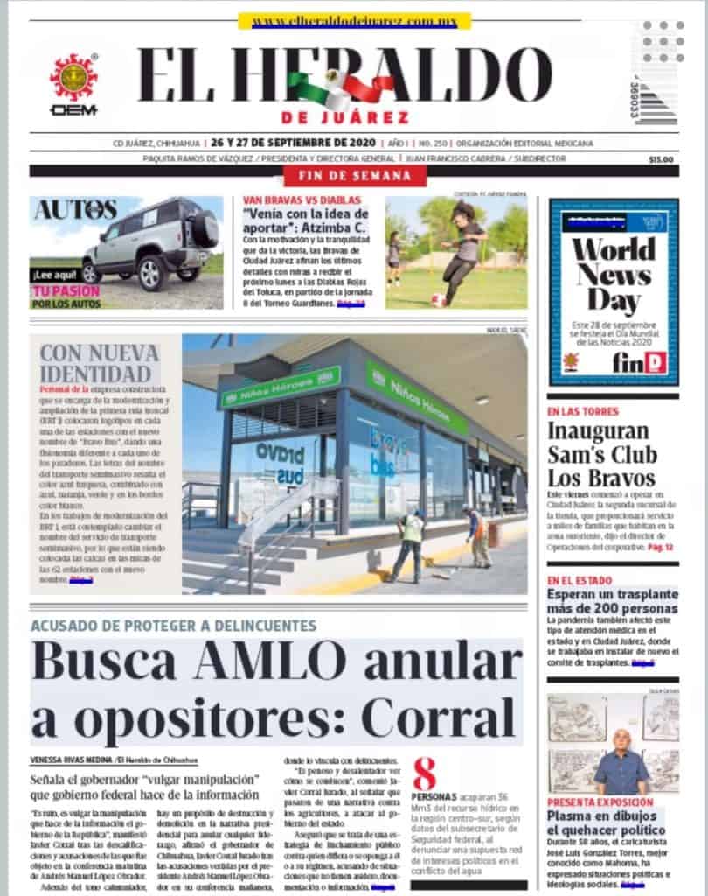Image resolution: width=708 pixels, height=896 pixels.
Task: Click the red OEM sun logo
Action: click(73, 78)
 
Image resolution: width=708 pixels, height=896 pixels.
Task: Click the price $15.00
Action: click(661, 159)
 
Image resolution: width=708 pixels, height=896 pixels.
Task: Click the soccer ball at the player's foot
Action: click(438, 299)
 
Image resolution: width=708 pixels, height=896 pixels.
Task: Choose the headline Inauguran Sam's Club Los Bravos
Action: click(601, 454)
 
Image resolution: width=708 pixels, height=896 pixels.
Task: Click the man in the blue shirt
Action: click(621, 763)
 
